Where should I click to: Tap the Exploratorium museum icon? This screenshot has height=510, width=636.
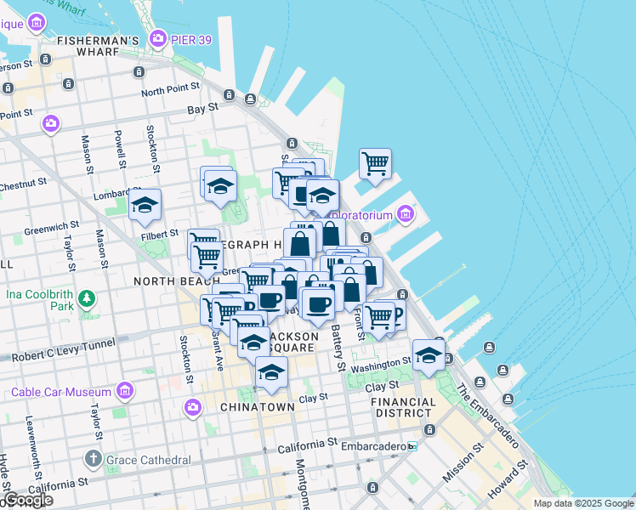405,214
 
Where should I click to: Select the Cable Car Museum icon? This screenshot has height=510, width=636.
125,392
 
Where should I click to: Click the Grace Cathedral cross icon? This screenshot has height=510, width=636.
94,460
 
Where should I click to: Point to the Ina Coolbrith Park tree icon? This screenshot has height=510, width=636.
86,299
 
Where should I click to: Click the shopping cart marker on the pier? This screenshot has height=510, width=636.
375,162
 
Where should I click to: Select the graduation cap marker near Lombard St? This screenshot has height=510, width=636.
145,205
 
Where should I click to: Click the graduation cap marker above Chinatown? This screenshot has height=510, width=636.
271,372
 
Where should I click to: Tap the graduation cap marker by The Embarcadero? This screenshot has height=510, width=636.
429,354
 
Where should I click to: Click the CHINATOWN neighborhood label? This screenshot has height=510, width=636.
257,407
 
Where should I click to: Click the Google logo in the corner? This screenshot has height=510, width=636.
27,500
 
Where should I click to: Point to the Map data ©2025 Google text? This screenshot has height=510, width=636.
583,503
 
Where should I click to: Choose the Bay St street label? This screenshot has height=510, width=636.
202,109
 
